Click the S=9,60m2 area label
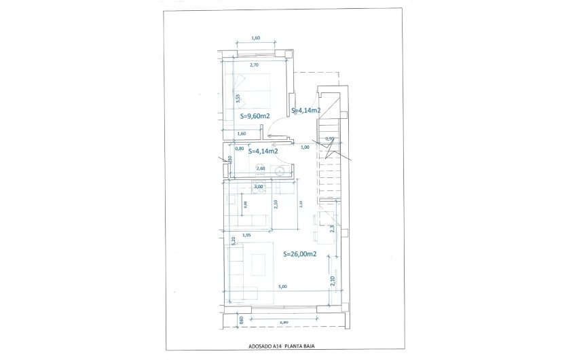255,116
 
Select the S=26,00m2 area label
300,254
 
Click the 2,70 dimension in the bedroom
255,65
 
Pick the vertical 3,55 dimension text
238,98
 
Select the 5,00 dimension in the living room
282,287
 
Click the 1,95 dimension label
246,235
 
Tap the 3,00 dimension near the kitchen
258,186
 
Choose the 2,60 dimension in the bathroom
260,168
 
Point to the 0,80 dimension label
239,148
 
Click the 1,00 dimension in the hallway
305,147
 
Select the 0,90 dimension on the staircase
330,139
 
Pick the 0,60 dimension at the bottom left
240,320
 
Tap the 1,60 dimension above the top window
256,38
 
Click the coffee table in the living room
259,262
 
